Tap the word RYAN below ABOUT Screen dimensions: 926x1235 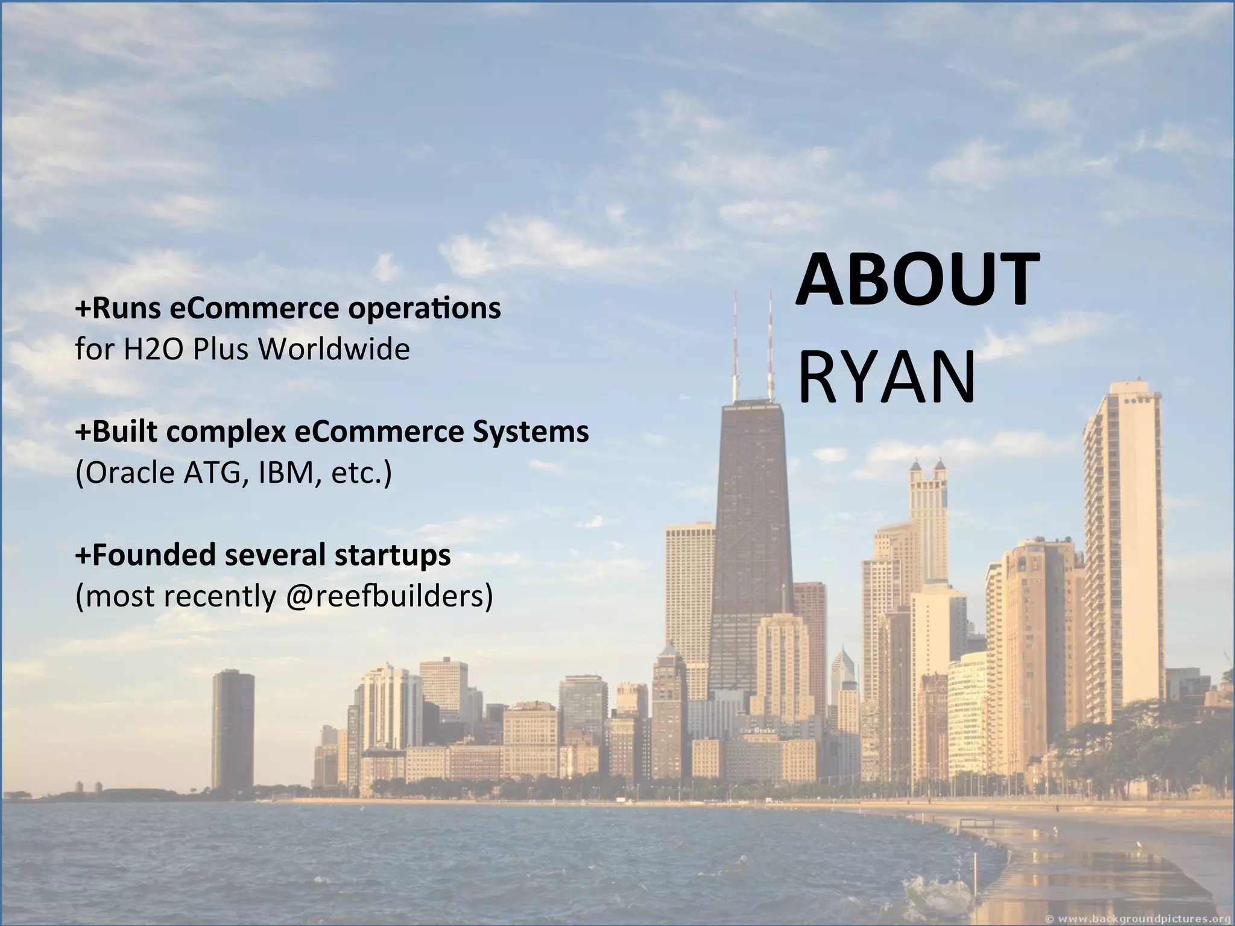pyautogui.click(x=886, y=377)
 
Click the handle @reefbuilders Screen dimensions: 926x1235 pyautogui.click(x=385, y=596)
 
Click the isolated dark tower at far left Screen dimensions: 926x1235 pyautogui.click(x=233, y=729)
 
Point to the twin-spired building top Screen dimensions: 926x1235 pyautogui.click(x=927, y=473)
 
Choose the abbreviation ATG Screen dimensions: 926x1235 pyautogui.click(x=215, y=473)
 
